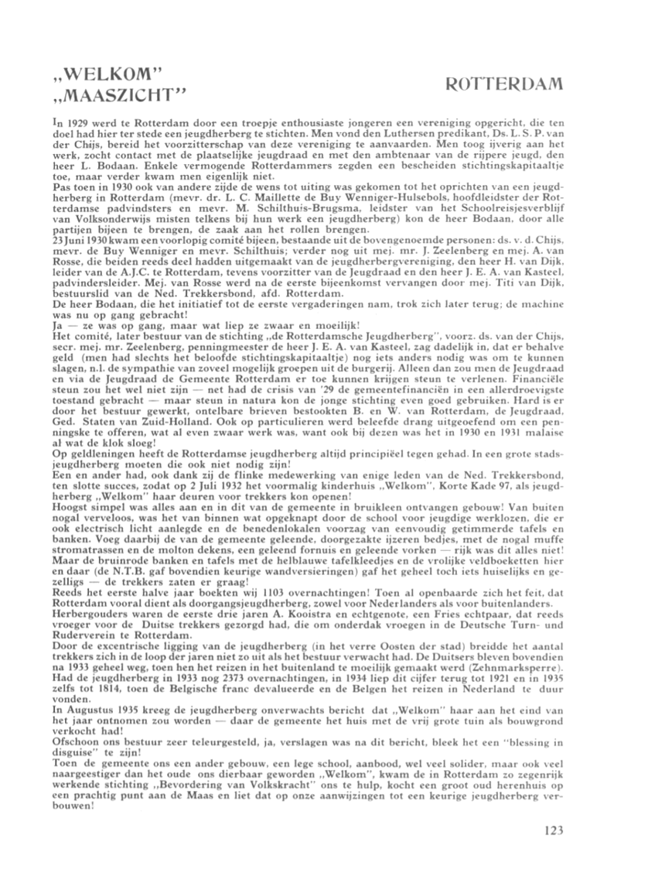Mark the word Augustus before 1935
tap(95, 703)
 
